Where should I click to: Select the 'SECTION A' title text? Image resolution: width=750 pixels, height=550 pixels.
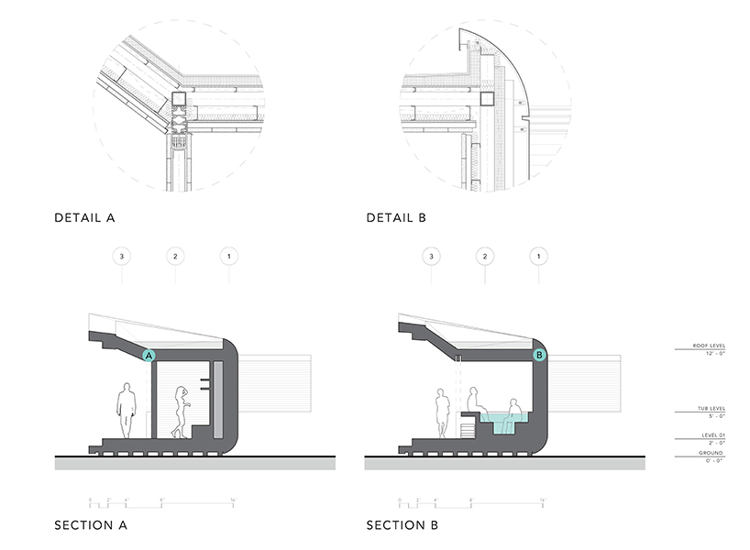(x=90, y=525)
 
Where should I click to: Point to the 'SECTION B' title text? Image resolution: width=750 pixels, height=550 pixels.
(x=402, y=525)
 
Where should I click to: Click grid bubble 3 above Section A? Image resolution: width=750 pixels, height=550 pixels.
(x=122, y=256)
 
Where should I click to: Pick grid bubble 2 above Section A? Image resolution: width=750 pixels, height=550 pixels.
(x=174, y=256)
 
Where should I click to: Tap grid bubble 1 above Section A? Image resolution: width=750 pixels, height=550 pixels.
(x=227, y=256)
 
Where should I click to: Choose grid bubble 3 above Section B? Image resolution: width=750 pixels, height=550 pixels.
(x=432, y=256)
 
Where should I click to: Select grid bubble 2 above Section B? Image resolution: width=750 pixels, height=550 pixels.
(x=485, y=256)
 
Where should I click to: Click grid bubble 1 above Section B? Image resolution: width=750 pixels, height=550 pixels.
(x=538, y=256)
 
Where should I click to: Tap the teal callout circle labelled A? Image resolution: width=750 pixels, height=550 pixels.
(x=150, y=354)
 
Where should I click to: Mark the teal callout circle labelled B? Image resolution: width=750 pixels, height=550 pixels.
(x=539, y=354)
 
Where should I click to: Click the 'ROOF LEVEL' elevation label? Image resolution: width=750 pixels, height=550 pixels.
(x=710, y=346)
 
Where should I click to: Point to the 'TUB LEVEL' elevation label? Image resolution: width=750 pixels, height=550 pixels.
(x=711, y=411)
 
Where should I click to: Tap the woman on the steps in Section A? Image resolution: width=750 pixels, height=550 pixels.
(x=181, y=410)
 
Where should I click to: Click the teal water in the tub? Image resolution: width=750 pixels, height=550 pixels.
(x=502, y=423)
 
